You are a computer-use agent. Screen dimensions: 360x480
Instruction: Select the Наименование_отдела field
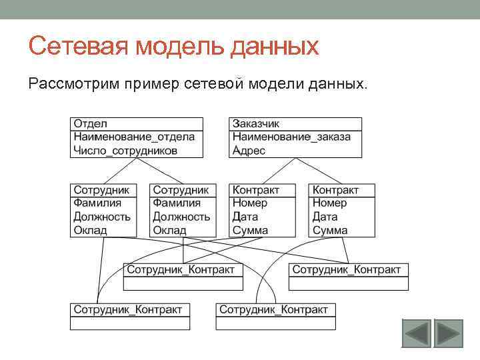point(134,137)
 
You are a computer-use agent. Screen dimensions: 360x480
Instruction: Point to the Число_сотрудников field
point(126,151)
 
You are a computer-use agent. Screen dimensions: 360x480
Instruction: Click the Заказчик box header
point(256,124)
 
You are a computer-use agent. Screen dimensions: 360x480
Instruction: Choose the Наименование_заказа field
point(291,137)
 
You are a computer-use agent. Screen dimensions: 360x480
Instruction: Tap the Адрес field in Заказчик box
point(249,151)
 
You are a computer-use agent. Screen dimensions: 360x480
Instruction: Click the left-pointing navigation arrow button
point(416,333)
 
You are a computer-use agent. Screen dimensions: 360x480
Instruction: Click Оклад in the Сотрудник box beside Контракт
point(169,230)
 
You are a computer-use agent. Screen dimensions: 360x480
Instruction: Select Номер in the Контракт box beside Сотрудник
point(250,203)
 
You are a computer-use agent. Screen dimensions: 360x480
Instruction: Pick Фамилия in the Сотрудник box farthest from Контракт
point(97,203)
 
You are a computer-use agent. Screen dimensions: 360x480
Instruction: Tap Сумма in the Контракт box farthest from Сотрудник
point(330,230)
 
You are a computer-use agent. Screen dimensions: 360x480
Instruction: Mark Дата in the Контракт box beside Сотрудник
point(245,217)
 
